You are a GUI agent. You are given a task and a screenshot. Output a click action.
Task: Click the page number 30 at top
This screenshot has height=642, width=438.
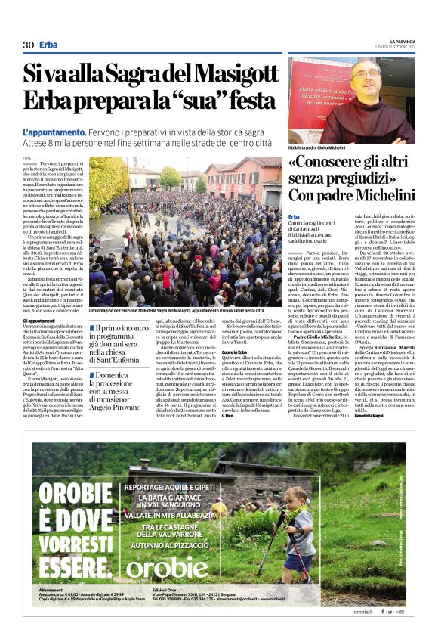coord(29,45)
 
